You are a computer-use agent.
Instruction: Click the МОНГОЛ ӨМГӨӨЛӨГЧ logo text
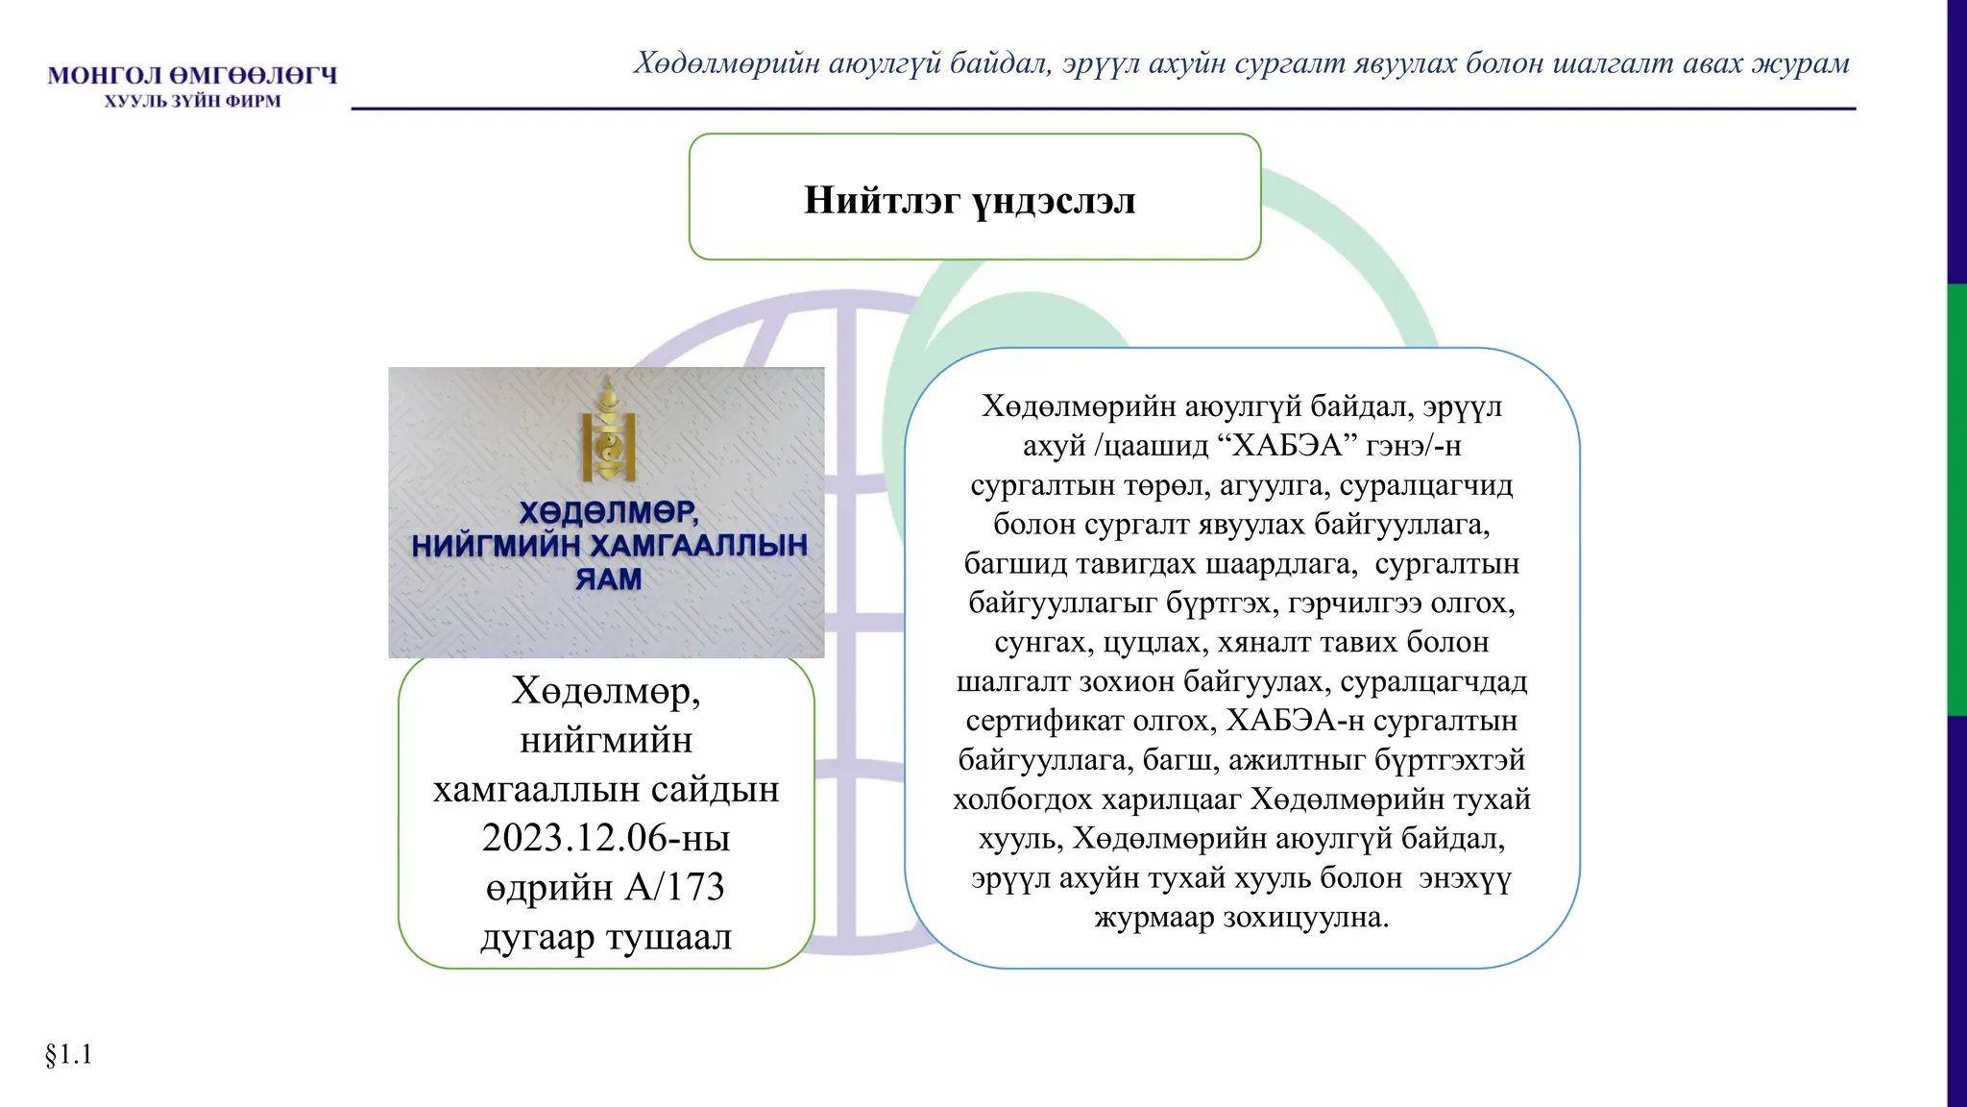point(192,75)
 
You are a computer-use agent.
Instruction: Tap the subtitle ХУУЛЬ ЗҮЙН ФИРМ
point(192,101)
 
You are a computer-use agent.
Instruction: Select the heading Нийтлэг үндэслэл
point(970,200)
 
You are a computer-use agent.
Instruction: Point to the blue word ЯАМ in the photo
point(608,579)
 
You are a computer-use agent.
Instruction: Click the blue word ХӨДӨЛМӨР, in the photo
point(609,511)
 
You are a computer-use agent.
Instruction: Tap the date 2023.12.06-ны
point(605,838)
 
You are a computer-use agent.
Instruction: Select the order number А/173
point(674,887)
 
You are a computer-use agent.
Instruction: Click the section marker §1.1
point(68,1054)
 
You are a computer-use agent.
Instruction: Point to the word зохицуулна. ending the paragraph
point(1305,918)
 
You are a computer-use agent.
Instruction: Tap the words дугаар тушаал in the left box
point(605,937)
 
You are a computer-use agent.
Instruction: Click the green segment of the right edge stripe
point(1956,500)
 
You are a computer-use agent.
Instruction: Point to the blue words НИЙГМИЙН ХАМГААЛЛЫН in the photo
point(609,546)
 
